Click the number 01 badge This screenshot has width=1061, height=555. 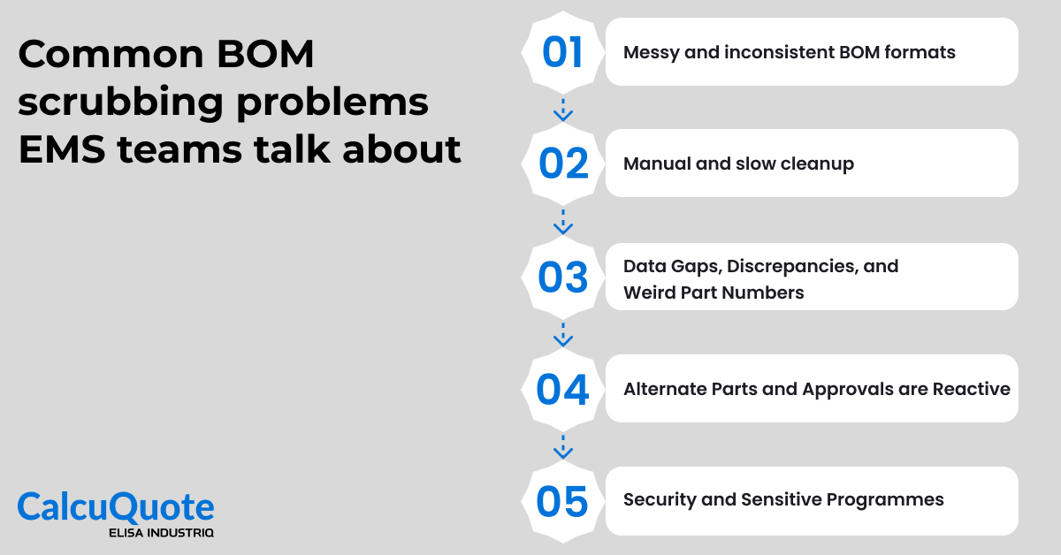563,52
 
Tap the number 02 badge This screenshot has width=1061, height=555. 563,163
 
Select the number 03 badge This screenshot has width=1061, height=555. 563,277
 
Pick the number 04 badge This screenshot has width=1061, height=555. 563,389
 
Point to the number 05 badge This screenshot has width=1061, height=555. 563,501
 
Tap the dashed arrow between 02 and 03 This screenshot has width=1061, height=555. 563,221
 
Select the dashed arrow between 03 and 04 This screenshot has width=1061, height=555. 563,333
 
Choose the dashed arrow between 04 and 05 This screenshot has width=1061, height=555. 563,445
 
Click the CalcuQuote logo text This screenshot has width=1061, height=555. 116,507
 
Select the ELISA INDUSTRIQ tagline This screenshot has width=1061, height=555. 160,533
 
